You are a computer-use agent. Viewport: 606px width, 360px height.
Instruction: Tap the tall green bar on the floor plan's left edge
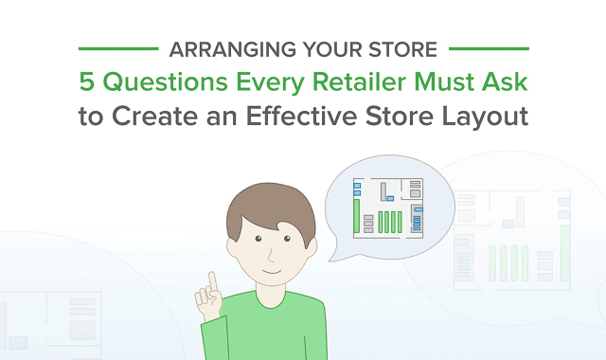tap(357, 217)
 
